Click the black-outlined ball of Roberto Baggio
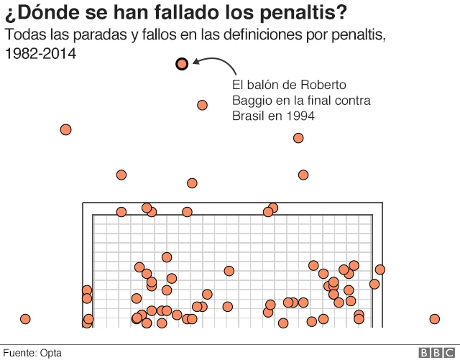pos(182,64)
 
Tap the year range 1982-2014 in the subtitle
pos(40,54)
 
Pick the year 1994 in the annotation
pos(300,116)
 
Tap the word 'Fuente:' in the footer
pos(21,353)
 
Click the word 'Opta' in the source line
pos(50,353)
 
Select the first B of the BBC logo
pos(425,353)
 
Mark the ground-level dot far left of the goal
pos(25,319)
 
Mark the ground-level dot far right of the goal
pos(435,319)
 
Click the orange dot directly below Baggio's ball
pos(202,105)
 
